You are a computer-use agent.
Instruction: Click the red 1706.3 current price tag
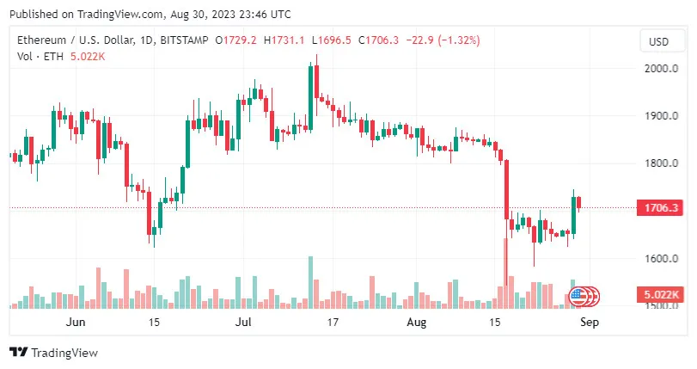point(658,208)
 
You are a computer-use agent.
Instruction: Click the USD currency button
point(659,41)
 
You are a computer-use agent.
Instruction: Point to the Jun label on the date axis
point(76,323)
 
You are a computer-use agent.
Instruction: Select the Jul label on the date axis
point(244,323)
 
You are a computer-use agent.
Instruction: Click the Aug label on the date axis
point(416,323)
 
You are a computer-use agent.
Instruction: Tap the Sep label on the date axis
point(589,323)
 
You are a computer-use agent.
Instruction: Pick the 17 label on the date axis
point(333,323)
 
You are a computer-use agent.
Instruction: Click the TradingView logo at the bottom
point(53,353)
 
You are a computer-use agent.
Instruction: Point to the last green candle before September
point(574,215)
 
